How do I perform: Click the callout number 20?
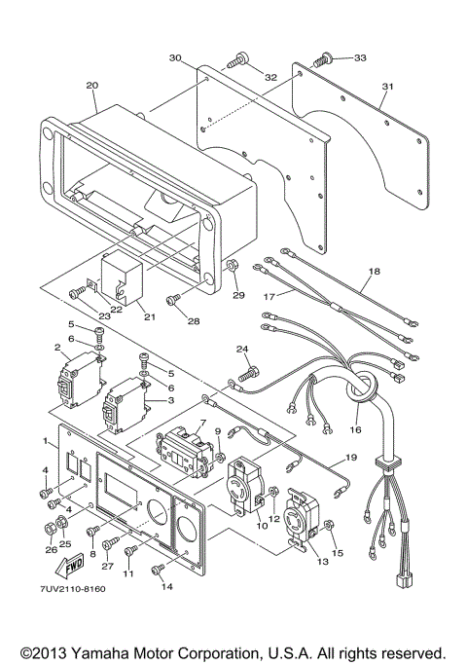pyautogui.click(x=91, y=86)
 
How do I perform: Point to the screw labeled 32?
pyautogui.click(x=233, y=61)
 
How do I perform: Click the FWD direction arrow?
pyautogui.click(x=45, y=566)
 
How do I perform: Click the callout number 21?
pyautogui.click(x=148, y=315)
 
